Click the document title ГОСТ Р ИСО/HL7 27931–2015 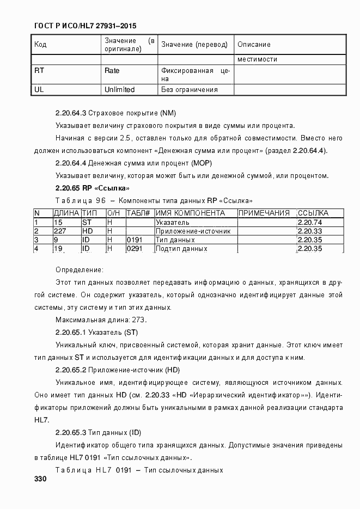click(77, 26)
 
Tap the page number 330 click(40, 479)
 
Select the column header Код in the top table click(40, 45)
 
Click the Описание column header click(254, 45)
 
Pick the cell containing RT click(39, 71)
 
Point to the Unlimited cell click(119, 89)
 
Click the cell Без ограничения click(189, 90)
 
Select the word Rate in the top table click(112, 71)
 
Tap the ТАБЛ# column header click(138, 213)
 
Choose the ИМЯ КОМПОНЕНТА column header click(190, 213)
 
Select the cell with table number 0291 click(134, 249)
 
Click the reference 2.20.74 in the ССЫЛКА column click(310, 222)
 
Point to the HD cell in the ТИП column click(87, 231)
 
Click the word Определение click(79, 269)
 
